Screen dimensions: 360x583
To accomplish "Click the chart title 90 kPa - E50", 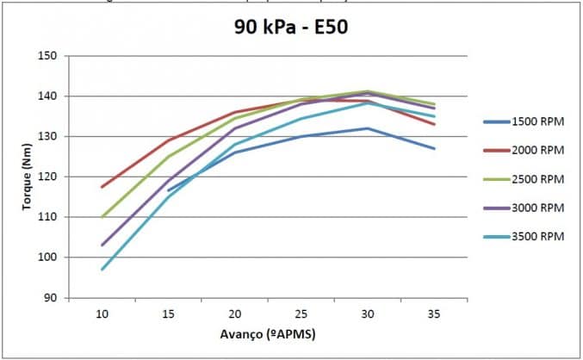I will (290, 26).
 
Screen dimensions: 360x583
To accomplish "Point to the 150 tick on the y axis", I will (48, 56).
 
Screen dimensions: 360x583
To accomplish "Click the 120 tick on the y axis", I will (48, 177).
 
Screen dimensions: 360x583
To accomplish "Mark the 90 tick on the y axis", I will (50, 298).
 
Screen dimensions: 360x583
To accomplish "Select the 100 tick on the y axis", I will (48, 258).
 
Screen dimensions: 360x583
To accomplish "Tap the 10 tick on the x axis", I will (102, 314).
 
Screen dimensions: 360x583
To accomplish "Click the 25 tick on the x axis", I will (301, 314).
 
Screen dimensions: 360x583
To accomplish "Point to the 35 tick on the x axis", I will (434, 314).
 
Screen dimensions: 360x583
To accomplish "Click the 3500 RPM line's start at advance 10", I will (102, 270).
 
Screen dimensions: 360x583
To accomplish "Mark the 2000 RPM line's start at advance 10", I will (102, 187).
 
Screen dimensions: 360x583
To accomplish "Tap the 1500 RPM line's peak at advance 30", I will (368, 128).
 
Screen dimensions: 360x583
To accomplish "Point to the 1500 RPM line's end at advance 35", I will (434, 148).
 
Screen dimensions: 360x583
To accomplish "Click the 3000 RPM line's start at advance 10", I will (102, 245).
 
